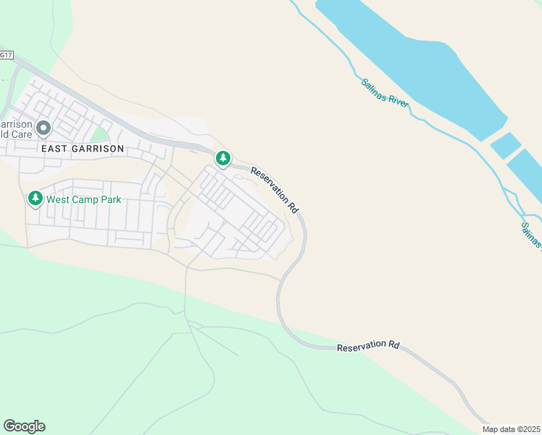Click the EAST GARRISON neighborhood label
[x=83, y=148]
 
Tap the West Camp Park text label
[x=83, y=199]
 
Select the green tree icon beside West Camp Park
[x=35, y=198]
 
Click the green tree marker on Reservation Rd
[x=222, y=158]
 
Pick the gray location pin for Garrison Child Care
[x=43, y=129]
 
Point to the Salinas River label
[x=385, y=91]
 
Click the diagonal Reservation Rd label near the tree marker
[x=275, y=189]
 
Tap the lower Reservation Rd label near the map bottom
[x=368, y=347]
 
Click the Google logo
[x=24, y=426]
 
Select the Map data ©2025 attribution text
[x=511, y=429]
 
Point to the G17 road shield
[x=6, y=55]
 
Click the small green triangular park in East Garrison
[x=99, y=134]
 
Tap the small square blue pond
[x=505, y=146]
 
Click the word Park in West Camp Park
[x=109, y=199]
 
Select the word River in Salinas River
[x=398, y=99]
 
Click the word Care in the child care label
[x=17, y=135]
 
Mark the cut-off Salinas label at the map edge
[x=531, y=234]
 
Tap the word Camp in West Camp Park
[x=84, y=199]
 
